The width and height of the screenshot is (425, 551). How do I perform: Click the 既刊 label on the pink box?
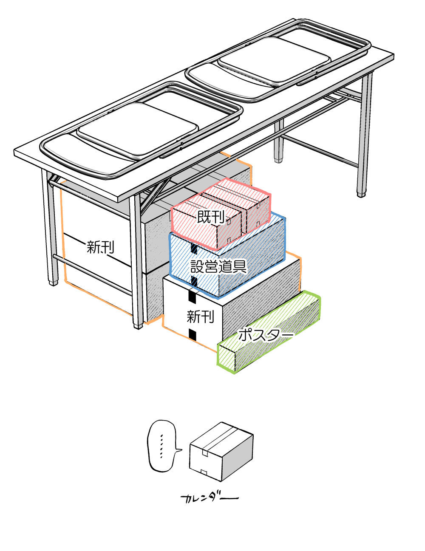click(x=211, y=217)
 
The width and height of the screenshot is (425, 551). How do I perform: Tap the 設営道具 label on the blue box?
click(x=218, y=267)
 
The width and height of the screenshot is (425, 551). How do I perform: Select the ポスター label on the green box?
click(x=266, y=335)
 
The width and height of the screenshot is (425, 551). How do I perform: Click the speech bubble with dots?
click(x=162, y=446)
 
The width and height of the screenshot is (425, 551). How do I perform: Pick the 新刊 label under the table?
click(x=101, y=247)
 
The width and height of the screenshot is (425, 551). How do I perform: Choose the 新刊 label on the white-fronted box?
click(x=200, y=316)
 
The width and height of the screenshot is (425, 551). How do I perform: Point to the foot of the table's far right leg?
click(x=361, y=194)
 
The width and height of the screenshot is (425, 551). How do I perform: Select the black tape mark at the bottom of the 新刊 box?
click(x=193, y=334)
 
